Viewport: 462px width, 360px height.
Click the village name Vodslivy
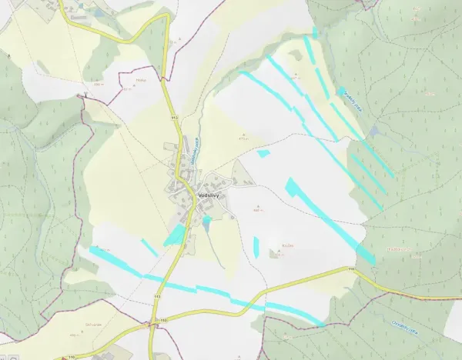(208, 196)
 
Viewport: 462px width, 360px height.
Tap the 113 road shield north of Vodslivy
(174, 118)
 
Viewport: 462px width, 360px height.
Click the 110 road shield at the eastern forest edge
(351, 268)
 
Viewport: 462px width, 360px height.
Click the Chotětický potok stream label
(403, 327)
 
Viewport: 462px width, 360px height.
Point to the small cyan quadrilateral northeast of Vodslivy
(263, 154)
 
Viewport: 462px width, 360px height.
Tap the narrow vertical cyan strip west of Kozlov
(256, 247)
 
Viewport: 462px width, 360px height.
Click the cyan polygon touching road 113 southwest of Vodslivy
(176, 235)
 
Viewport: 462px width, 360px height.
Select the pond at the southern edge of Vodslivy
(206, 222)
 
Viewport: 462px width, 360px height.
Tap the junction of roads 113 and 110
(154, 323)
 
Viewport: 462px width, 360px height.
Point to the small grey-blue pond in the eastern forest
(374, 132)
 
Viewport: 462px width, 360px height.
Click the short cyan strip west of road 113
(149, 246)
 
